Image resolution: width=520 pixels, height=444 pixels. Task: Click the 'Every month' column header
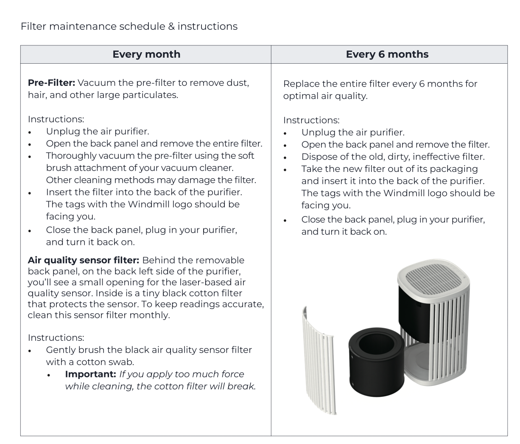pyautogui.click(x=146, y=54)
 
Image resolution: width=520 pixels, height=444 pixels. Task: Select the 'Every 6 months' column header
pyautogui.click(x=387, y=54)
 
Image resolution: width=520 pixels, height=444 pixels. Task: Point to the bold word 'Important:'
pyautogui.click(x=90, y=374)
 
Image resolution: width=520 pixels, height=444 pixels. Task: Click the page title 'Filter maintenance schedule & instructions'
pyautogui.click(x=129, y=26)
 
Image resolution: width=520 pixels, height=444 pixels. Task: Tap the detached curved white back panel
pyautogui.click(x=320, y=357)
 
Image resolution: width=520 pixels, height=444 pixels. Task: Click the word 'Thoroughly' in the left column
pyautogui.click(x=70, y=156)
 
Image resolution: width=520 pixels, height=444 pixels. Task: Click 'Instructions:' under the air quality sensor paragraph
pyautogui.click(x=56, y=337)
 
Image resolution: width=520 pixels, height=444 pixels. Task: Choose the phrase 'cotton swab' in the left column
pyautogui.click(x=109, y=363)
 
